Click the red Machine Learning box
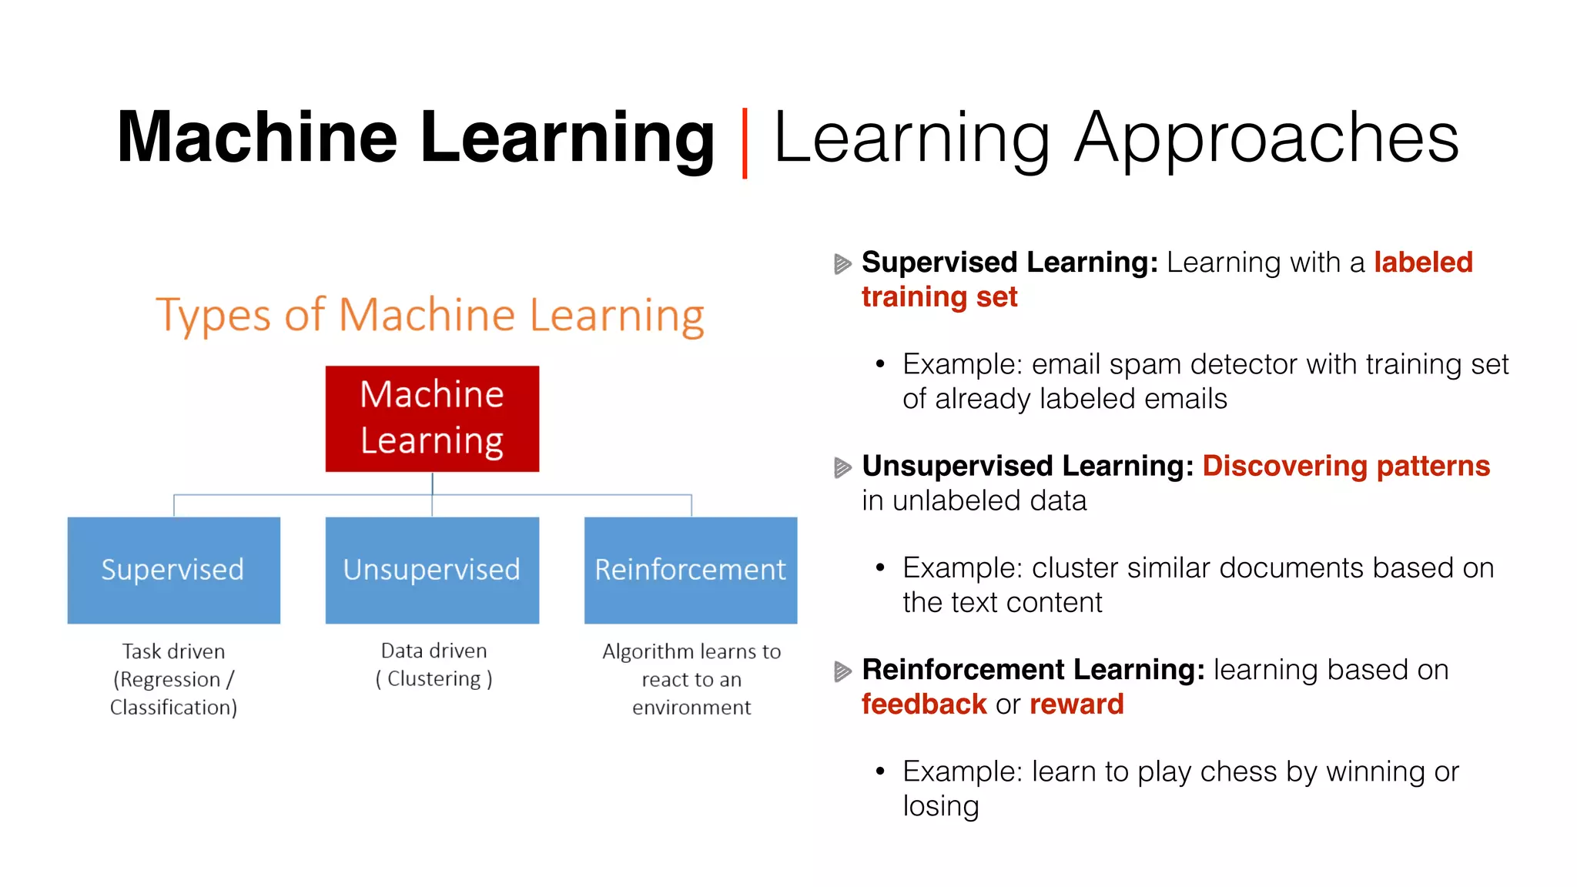432,418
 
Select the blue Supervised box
173,570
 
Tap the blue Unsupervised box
432,570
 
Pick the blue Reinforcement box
691,570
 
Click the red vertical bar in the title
745,143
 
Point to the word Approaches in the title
1266,139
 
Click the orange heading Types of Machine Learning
430,316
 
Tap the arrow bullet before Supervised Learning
842,264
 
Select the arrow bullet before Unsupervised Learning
842,467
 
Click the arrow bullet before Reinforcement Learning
842,671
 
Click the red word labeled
1423,263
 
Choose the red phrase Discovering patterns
1346,467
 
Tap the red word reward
1076,705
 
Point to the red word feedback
924,705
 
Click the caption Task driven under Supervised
173,651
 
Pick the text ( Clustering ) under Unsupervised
434,679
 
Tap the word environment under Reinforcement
691,708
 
